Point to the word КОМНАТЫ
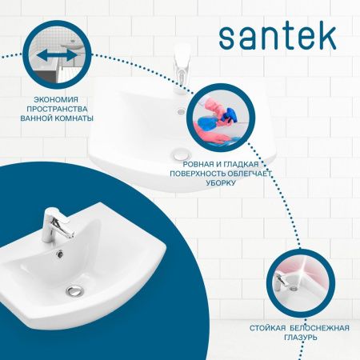74,118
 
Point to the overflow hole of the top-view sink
181,111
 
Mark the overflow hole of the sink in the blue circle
59,254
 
